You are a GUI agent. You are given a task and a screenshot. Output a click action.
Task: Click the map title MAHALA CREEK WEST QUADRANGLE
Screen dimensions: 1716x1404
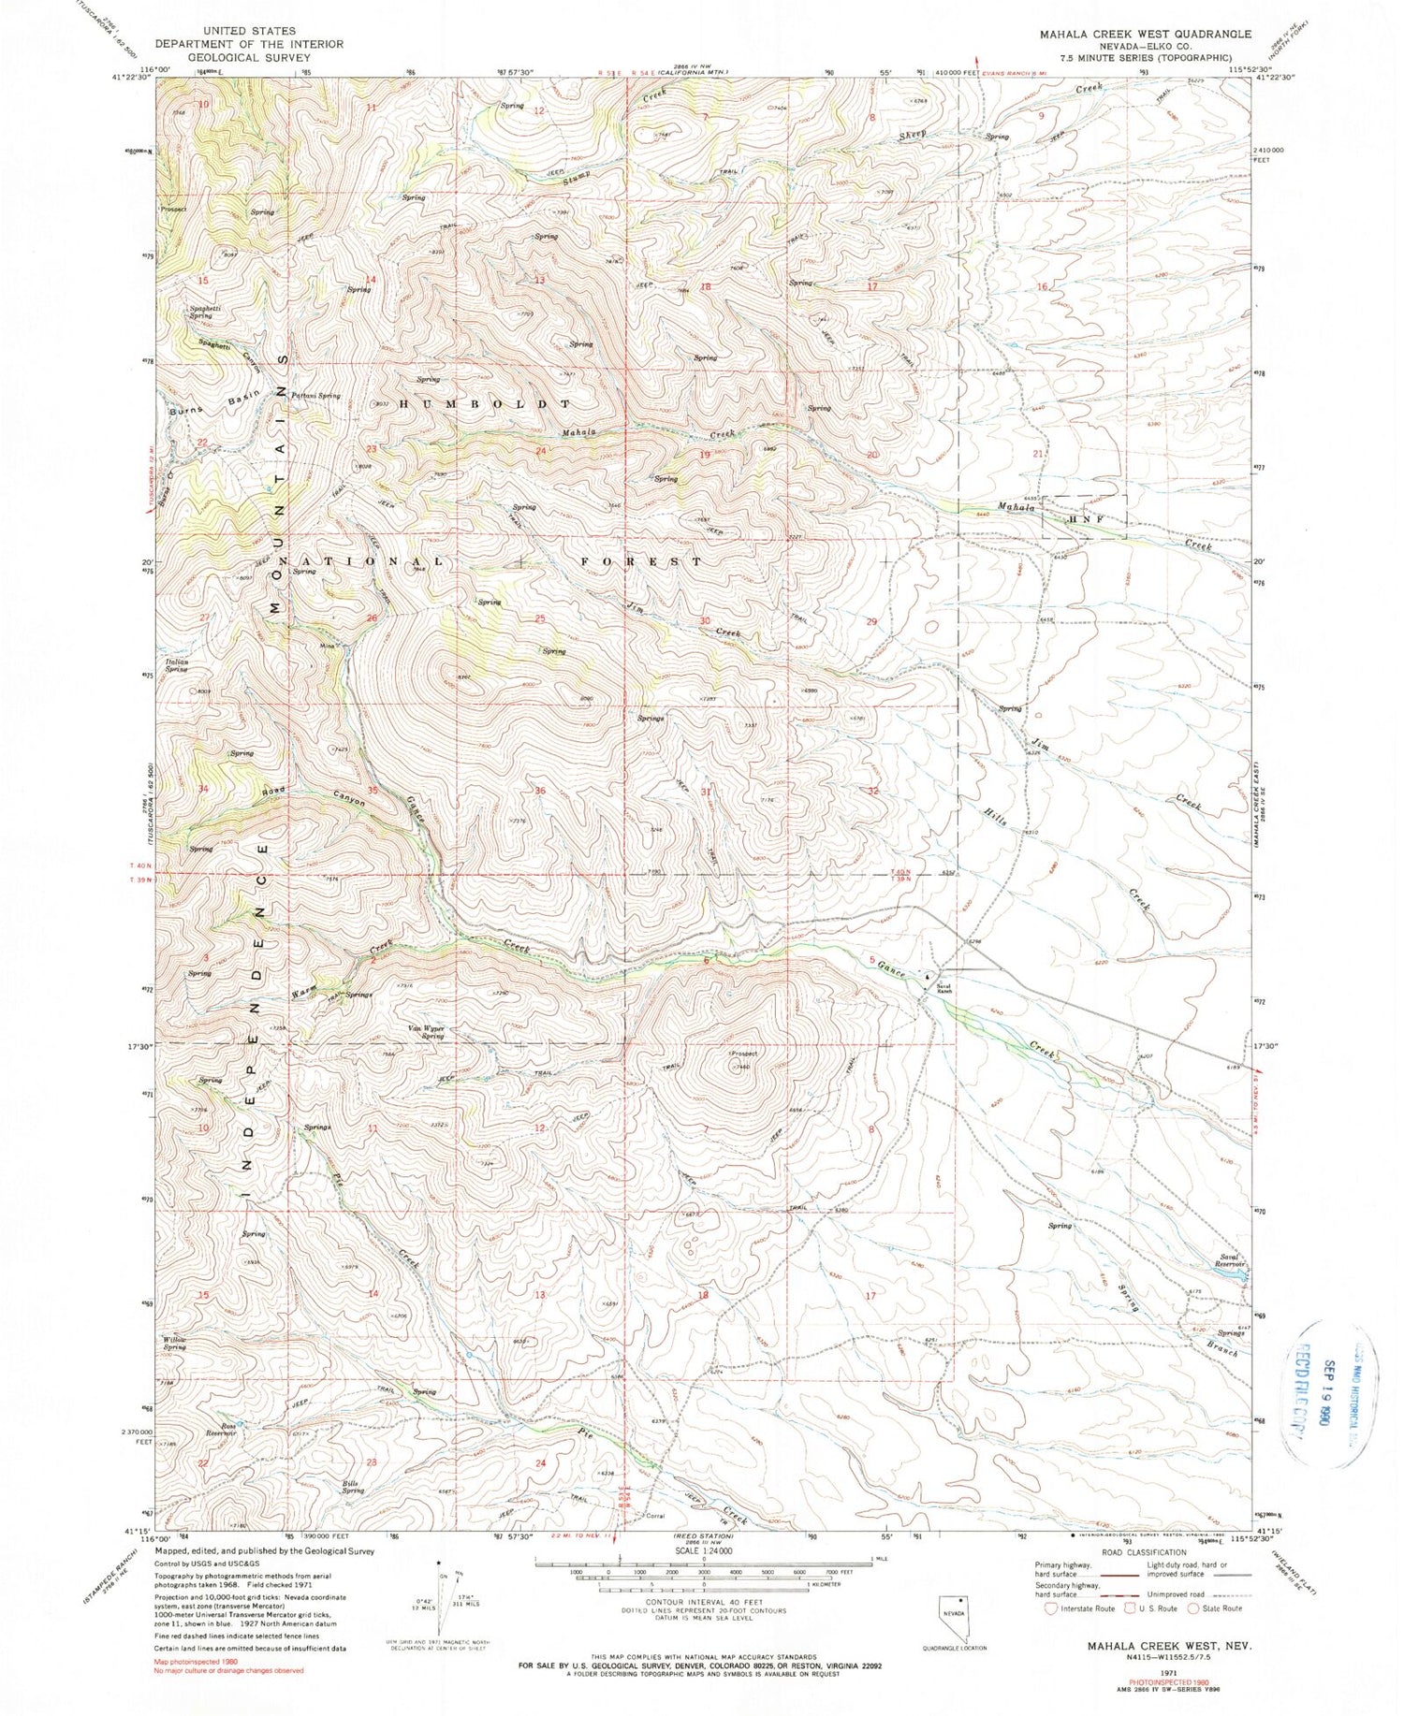coord(1145,34)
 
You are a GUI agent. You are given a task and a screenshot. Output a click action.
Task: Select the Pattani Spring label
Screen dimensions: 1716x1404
coord(315,396)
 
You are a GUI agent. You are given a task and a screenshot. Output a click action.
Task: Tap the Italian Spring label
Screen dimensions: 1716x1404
coord(177,665)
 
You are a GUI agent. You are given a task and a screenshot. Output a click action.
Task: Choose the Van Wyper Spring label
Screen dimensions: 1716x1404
coord(426,1032)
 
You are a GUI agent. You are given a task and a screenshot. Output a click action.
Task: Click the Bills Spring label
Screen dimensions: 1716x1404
coord(352,1487)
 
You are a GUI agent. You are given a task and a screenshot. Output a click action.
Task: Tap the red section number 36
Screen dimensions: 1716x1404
coord(539,792)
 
